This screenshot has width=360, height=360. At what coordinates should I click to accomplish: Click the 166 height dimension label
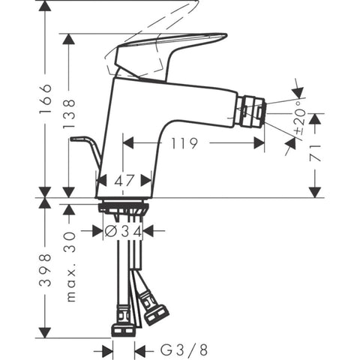tap(46, 99)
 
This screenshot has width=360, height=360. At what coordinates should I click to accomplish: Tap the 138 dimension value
tap(69, 114)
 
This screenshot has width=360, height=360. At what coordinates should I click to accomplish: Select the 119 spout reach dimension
tap(184, 143)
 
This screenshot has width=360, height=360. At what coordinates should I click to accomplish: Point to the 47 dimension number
tap(124, 181)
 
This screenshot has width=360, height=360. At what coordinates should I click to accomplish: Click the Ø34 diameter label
tap(123, 231)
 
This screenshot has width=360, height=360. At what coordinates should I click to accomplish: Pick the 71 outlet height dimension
tap(315, 153)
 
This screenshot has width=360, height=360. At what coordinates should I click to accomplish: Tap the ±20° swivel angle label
tap(300, 121)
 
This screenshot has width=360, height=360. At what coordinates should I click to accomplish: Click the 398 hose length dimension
tap(46, 270)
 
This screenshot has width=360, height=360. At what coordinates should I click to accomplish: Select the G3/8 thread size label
tap(184, 350)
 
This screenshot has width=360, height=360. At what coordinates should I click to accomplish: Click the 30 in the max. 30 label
tap(70, 239)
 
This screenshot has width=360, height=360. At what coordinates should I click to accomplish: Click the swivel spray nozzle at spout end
tap(250, 112)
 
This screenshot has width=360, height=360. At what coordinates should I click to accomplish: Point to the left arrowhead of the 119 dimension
tap(128, 143)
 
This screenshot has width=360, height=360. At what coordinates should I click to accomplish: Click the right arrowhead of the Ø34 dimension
tap(148, 230)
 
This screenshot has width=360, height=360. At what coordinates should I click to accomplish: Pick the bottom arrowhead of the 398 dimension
tap(45, 332)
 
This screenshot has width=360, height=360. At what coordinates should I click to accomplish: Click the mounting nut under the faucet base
tap(124, 208)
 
